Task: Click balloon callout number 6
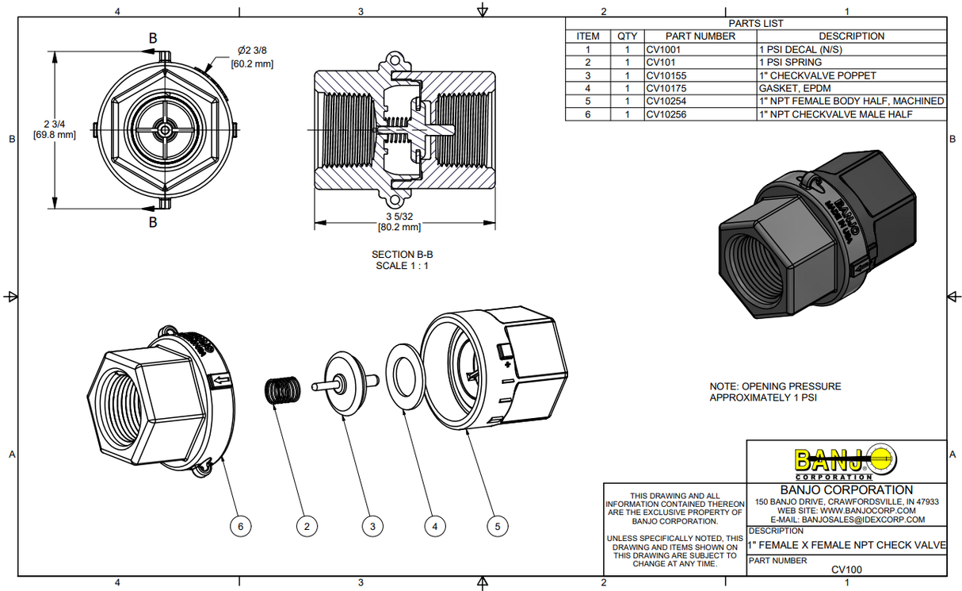241,525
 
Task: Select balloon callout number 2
307,525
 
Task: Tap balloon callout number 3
372,525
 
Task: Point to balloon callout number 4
433,525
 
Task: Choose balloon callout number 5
497,525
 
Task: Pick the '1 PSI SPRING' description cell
793,62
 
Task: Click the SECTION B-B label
402,254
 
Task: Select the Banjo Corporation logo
846,462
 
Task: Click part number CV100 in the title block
846,569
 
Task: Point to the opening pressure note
774,392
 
